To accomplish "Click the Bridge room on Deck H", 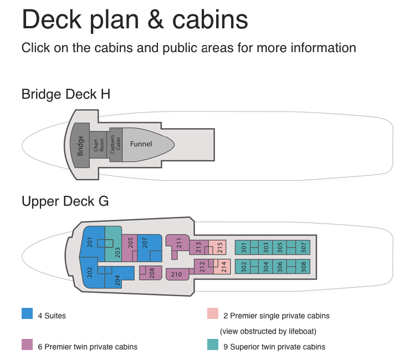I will pos(80,144).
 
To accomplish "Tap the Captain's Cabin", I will pos(115,144).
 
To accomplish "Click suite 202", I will pos(90,273).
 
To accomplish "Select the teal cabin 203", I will pos(116,252).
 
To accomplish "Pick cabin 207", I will pos(145,242).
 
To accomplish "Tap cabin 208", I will pos(152,272).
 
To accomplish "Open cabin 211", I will pos(179,242).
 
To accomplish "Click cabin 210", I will pos(177,274).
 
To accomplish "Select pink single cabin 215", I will pos(219,246).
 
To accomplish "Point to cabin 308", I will pos(303,266).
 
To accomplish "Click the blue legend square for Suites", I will pos(27,313).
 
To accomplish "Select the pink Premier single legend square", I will pos(212,313).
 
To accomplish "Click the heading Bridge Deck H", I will pos(65,94).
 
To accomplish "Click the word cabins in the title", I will pos(209,20).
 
